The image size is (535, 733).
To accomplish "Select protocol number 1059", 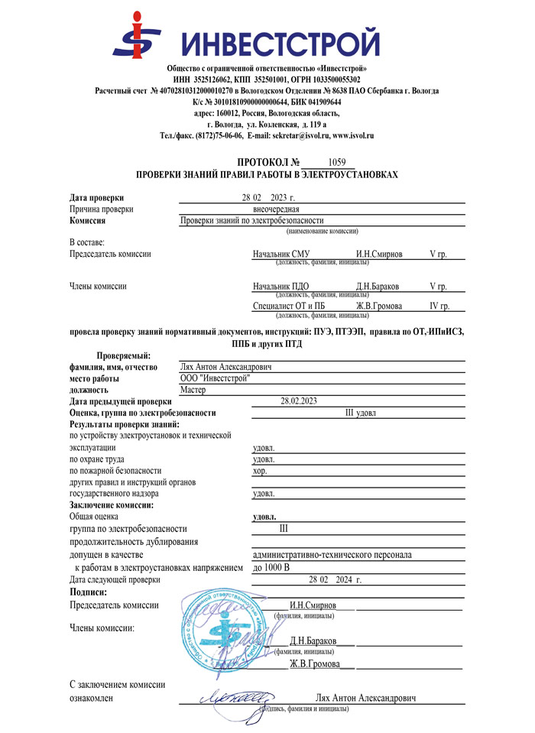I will [x=336, y=162].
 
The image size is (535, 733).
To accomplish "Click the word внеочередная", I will [x=276, y=209].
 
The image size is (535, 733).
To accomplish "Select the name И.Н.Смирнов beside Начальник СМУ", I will [x=381, y=253].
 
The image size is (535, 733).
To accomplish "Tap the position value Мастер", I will [x=195, y=389].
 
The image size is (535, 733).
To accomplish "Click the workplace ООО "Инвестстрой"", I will [x=214, y=378].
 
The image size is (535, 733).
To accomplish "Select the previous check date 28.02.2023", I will [x=299, y=401].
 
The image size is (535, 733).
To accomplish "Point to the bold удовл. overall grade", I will [x=264, y=517].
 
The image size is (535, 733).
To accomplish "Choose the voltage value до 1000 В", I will [x=271, y=568].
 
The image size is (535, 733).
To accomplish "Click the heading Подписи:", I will [x=88, y=592].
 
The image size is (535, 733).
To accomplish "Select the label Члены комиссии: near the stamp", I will [x=102, y=628].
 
